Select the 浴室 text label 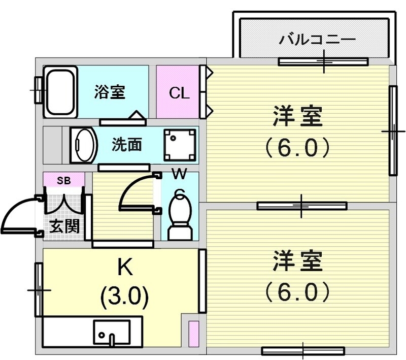(x=110, y=93)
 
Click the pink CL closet (x=179, y=92)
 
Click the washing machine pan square (x=179, y=145)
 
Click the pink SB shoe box (x=63, y=180)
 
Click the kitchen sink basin (x=111, y=332)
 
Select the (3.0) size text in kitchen (x=125, y=296)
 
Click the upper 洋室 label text (x=297, y=118)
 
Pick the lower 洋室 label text (x=297, y=263)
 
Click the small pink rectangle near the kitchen (x=193, y=334)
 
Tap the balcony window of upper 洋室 (x=323, y=62)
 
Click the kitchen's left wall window (x=39, y=289)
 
